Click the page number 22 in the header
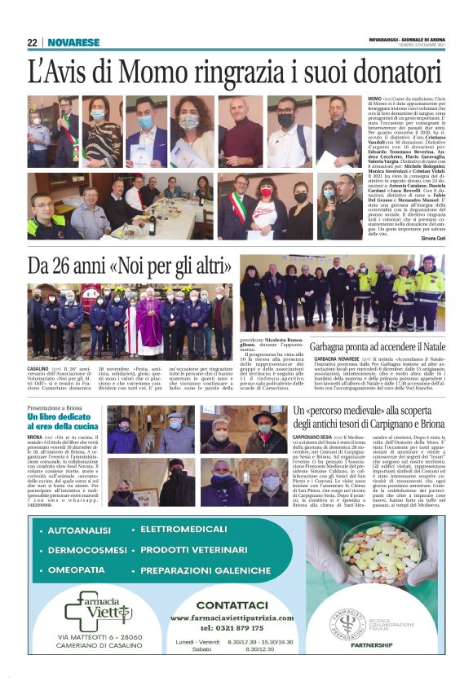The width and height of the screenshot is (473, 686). click(33, 42)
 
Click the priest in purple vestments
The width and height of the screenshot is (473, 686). click(148, 322)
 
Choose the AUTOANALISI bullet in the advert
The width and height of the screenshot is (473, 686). click(82, 530)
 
